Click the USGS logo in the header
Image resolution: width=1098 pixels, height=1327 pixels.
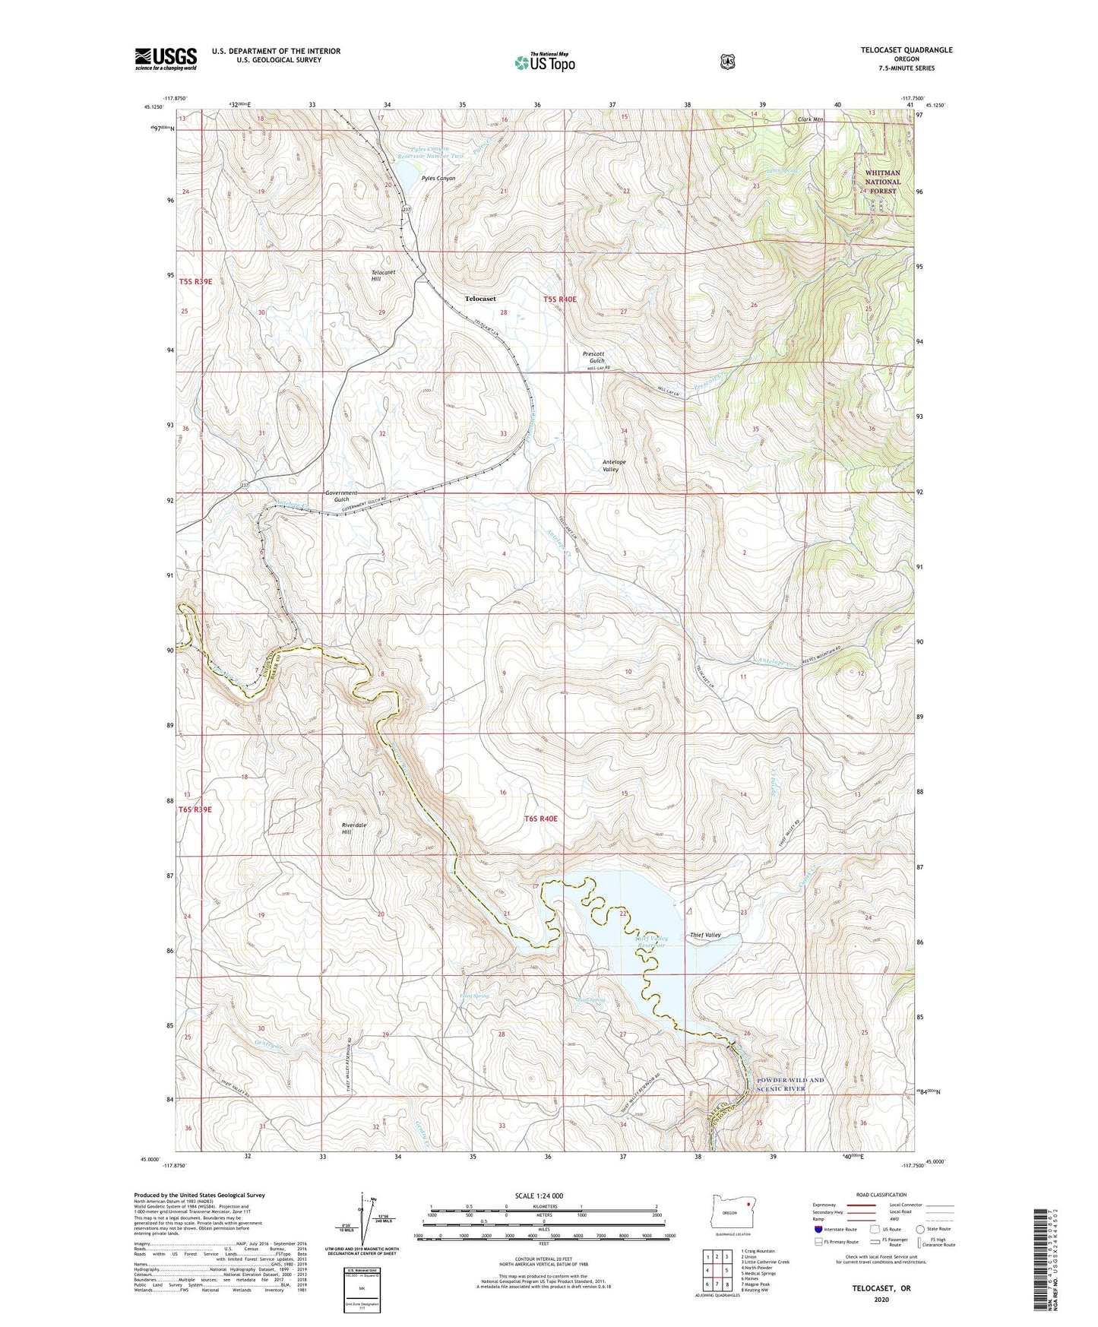(166, 59)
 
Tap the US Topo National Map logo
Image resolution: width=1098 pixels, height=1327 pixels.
(543, 62)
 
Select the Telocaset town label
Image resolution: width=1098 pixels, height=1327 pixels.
(480, 299)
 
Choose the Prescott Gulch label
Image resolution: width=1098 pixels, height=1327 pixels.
(593, 356)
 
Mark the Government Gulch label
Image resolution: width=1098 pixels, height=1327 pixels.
(341, 496)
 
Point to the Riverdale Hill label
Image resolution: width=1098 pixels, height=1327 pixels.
(355, 828)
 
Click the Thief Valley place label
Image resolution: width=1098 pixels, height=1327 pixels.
(705, 935)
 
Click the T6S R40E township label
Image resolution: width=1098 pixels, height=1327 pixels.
(541, 819)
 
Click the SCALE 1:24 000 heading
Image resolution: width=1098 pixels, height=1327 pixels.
(539, 1196)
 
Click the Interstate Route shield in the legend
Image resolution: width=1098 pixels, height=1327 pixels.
(818, 1228)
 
